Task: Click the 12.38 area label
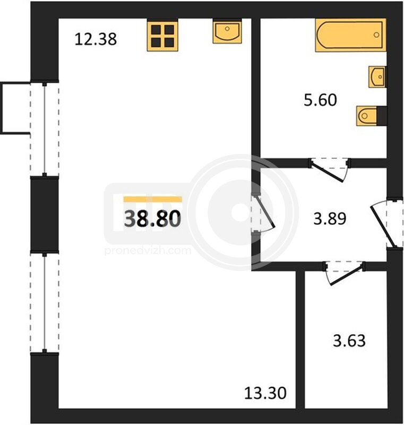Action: click(x=96, y=39)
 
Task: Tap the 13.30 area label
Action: click(x=265, y=393)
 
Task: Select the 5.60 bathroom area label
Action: click(x=320, y=100)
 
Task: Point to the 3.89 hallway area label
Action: click(x=330, y=219)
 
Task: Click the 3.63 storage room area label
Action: click(x=349, y=341)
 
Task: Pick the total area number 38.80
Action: click(x=152, y=219)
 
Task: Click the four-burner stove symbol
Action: click(x=162, y=35)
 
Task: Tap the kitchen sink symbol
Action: click(x=227, y=32)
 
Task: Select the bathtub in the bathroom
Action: click(x=351, y=35)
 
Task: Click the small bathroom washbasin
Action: click(x=377, y=77)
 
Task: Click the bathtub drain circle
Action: click(x=376, y=35)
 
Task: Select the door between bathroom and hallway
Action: click(x=329, y=169)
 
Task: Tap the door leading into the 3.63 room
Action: click(x=344, y=273)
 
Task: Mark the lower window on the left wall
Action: click(x=45, y=303)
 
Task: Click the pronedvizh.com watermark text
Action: click(x=148, y=250)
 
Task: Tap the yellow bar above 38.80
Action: click(x=153, y=200)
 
